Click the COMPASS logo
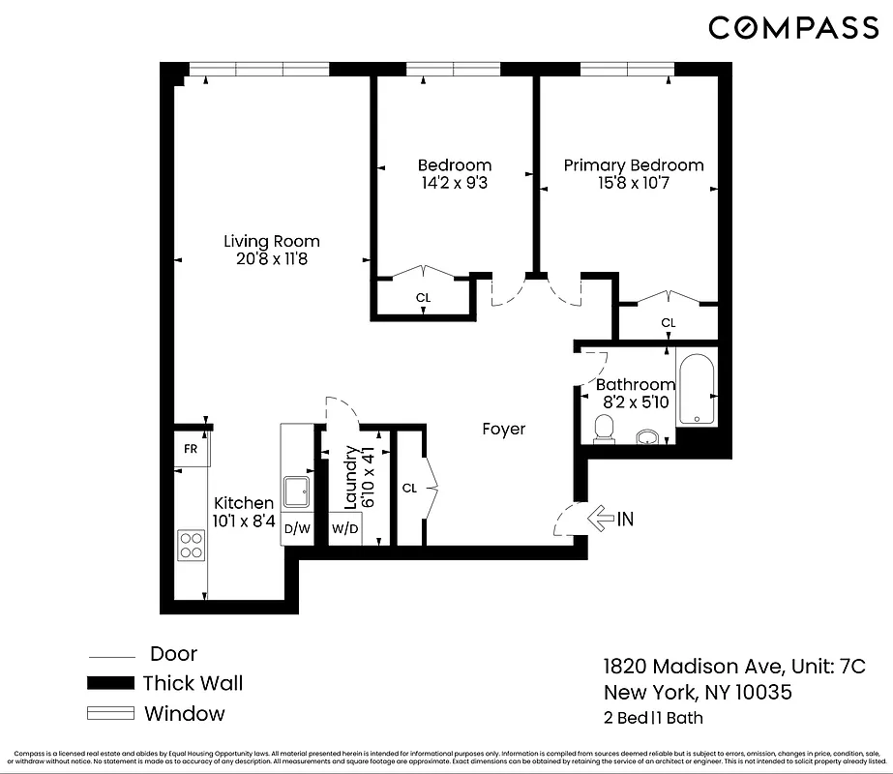click(x=792, y=28)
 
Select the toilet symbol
click(x=605, y=428)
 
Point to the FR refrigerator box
click(x=192, y=449)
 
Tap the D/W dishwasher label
click(x=297, y=528)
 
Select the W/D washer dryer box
click(x=344, y=529)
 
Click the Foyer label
click(x=503, y=429)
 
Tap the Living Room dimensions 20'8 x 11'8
click(x=271, y=259)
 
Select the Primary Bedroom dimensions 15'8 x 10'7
click(x=634, y=183)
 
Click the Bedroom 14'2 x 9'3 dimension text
click(x=454, y=183)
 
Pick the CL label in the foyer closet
click(x=409, y=489)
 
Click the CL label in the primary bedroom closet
click(x=668, y=322)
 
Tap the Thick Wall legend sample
click(x=109, y=683)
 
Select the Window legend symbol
click(x=109, y=714)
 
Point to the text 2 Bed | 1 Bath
click(x=653, y=718)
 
